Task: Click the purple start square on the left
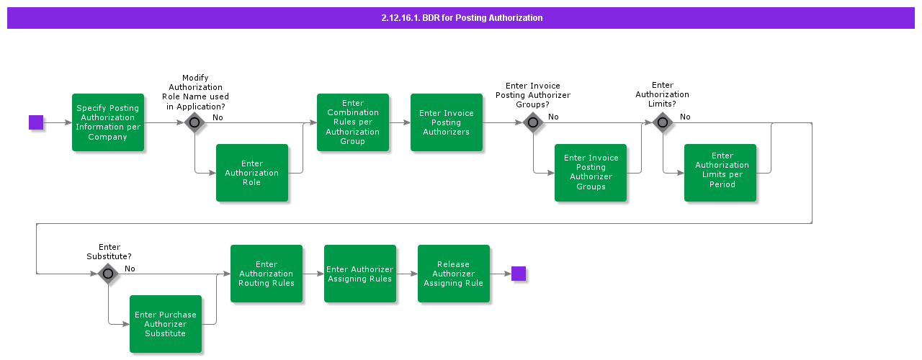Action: pos(36,122)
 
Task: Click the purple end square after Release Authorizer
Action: pos(519,274)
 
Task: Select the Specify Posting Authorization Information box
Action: pos(108,122)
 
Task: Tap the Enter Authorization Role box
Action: pos(252,173)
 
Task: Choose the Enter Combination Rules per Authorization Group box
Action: pos(353,122)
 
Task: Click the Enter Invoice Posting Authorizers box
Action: pos(447,122)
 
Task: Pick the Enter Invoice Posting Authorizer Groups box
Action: pos(591,173)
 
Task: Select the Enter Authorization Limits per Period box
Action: pos(720,173)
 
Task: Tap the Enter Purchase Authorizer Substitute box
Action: pos(166,324)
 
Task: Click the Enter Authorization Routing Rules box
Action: pos(267,274)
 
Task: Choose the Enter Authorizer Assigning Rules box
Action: pos(360,274)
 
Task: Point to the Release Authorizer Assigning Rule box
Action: pos(454,274)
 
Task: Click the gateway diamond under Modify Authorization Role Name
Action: pos(194,122)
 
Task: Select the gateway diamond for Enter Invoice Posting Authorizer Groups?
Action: pos(533,122)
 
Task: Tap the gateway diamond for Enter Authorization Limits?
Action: pos(663,122)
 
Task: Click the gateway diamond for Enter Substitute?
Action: pos(108,274)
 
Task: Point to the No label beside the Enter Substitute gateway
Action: pos(130,269)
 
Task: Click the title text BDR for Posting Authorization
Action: pos(462,18)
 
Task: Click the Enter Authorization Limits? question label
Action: pos(662,94)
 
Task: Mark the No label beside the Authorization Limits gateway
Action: pos(685,117)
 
